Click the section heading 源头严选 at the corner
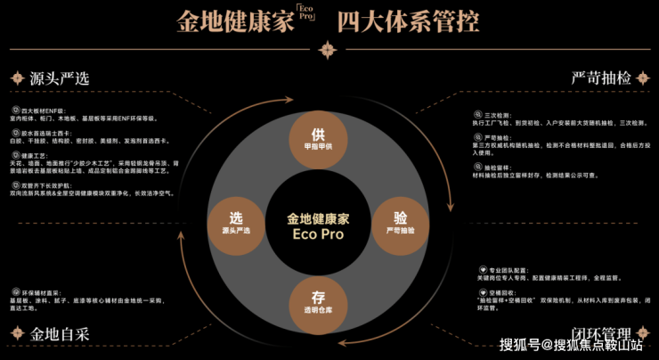pyautogui.click(x=53, y=78)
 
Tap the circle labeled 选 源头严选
pyautogui.click(x=236, y=222)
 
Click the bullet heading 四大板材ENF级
pyautogui.click(x=39, y=109)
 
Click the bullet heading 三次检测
pyautogui.click(x=497, y=115)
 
